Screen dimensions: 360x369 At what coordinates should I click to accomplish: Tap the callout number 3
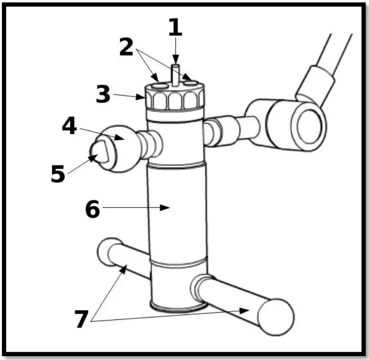click(x=103, y=94)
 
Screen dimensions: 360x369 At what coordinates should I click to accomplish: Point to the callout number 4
click(x=69, y=127)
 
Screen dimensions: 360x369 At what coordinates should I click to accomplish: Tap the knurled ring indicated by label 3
click(x=175, y=100)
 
